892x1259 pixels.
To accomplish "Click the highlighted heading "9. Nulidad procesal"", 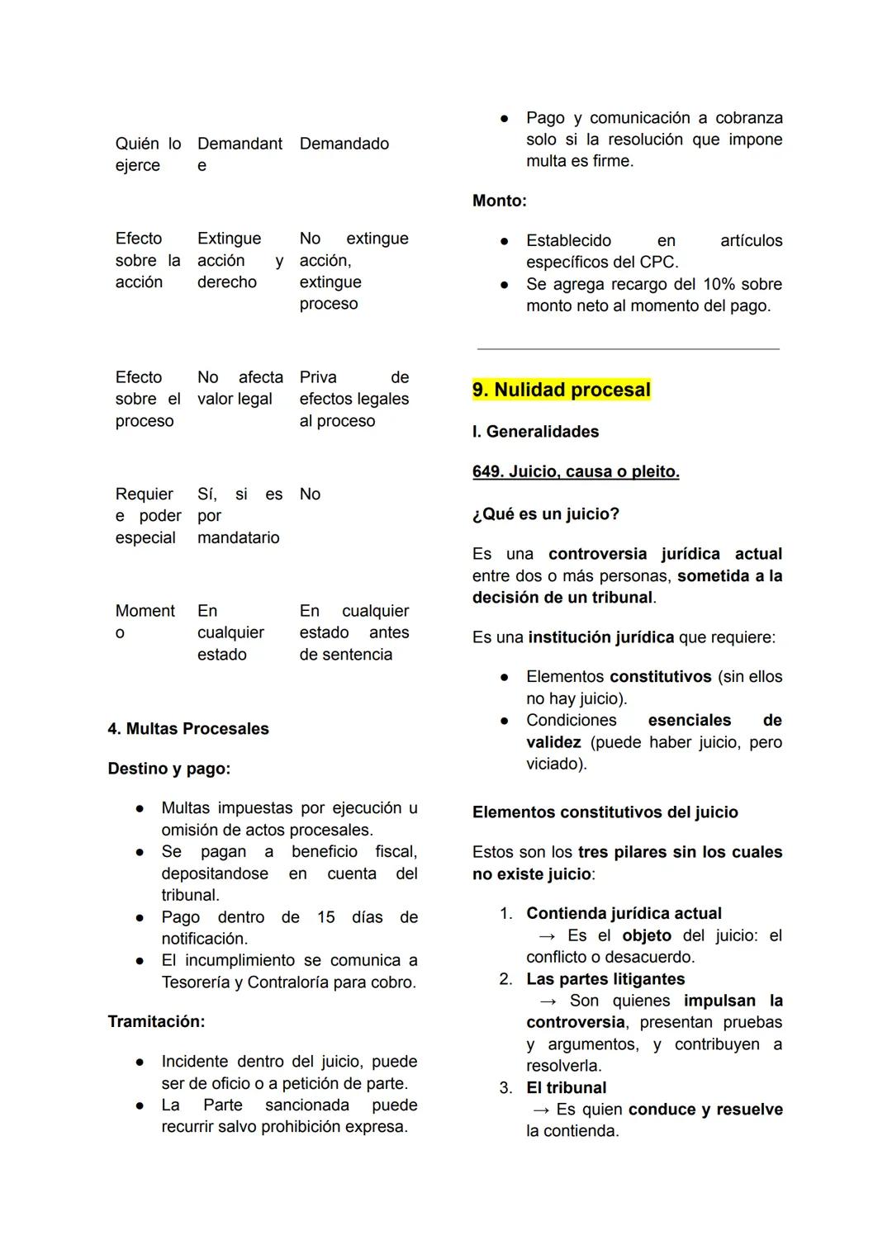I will (x=562, y=390).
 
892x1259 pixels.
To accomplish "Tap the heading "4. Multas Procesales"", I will (x=188, y=729).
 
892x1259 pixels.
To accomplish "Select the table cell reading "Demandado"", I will (x=344, y=144).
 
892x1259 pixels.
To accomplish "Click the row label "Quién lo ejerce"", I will (x=148, y=154).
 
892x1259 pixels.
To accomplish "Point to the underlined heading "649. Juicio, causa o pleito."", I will (x=576, y=471).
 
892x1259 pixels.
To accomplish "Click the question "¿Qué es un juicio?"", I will (x=545, y=514).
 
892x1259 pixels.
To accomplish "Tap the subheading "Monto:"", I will (x=499, y=201).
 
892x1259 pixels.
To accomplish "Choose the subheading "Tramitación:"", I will (x=156, y=1021).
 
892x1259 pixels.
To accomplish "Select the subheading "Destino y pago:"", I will (x=168, y=769).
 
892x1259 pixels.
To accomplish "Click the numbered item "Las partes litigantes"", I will (x=605, y=979).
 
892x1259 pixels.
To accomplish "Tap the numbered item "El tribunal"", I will (x=566, y=1087).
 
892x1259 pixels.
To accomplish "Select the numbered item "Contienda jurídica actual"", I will (x=624, y=913).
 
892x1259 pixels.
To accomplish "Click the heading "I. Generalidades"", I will (x=535, y=432).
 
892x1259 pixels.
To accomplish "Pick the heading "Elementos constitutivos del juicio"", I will (x=605, y=812).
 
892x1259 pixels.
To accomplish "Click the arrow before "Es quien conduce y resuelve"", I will (x=542, y=1110).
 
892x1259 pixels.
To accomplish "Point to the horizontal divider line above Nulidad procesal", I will (x=628, y=349).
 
